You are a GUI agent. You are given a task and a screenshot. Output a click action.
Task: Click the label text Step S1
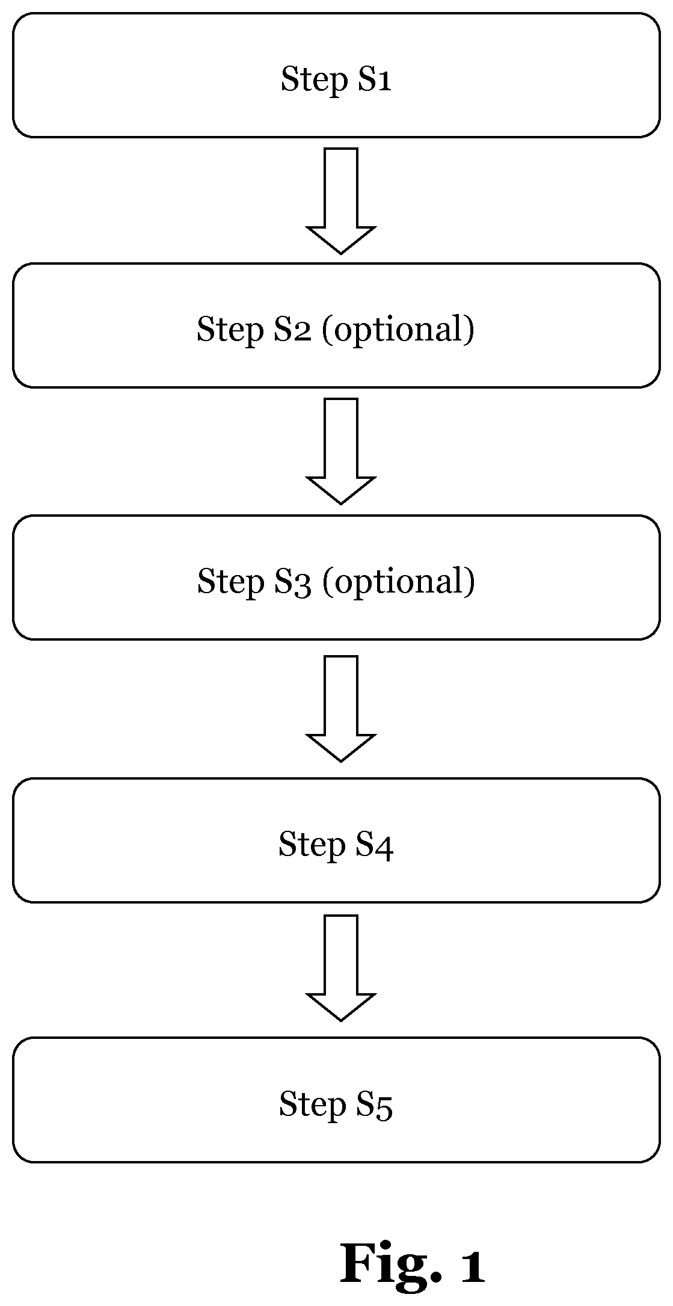click(x=336, y=79)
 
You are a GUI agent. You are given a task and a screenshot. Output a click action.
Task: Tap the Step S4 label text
click(x=336, y=844)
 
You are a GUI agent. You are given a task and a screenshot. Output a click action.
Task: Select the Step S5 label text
click(x=336, y=1104)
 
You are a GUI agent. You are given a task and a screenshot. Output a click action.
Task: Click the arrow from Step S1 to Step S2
click(x=341, y=201)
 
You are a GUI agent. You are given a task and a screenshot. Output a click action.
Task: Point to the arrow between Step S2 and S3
click(x=341, y=451)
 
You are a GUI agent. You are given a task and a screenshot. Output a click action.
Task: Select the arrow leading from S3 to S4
click(x=341, y=709)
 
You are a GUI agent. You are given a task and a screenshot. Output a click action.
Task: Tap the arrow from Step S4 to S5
click(x=341, y=968)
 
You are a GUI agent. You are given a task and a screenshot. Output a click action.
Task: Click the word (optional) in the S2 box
click(x=399, y=330)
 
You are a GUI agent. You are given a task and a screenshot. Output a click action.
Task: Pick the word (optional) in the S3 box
click(x=399, y=582)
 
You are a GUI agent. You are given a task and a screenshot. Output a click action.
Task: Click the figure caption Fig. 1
click(x=413, y=1264)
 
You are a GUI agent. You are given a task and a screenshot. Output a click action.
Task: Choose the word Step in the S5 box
click(x=313, y=1105)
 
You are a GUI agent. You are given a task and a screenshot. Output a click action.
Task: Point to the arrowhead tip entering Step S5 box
click(x=341, y=1021)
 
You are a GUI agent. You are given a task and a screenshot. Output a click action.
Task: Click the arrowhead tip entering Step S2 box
click(x=341, y=254)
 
